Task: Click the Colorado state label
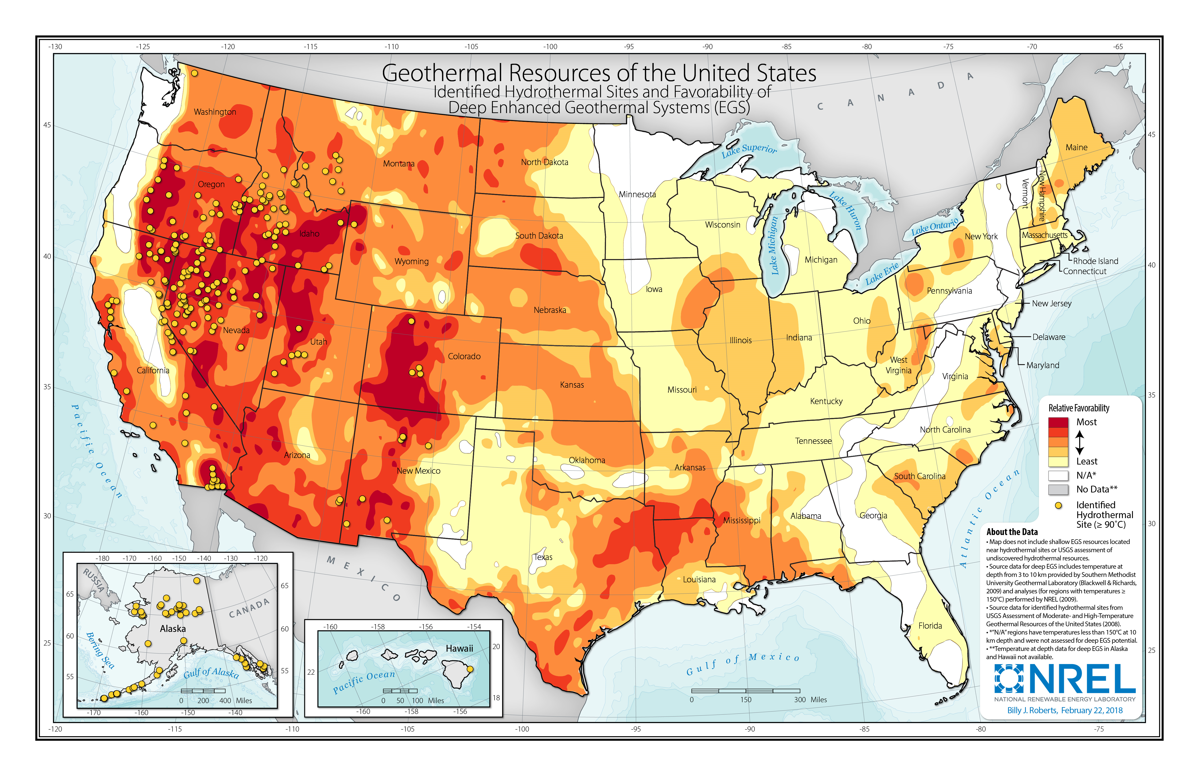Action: (x=464, y=356)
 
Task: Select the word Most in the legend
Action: (x=1086, y=422)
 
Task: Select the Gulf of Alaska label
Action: (x=211, y=673)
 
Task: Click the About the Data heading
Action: (x=1012, y=532)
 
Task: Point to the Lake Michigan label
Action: (x=774, y=245)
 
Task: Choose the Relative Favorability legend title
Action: (x=1079, y=408)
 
